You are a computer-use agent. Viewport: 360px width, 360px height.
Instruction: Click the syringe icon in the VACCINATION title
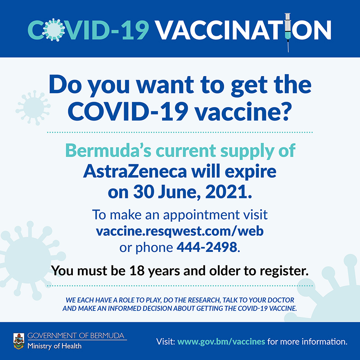[x=288, y=32]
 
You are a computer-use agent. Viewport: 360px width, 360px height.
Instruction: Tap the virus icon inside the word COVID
[x=53, y=30]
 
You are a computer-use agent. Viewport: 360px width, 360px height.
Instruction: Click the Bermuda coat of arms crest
[x=19, y=341]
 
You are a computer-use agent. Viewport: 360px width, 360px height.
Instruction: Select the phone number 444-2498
[x=207, y=247]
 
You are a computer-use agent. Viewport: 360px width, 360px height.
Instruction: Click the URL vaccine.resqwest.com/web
[x=180, y=231]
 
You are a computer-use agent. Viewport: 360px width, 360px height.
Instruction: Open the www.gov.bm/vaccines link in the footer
[x=221, y=342]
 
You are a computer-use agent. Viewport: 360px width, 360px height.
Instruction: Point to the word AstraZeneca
[x=135, y=171]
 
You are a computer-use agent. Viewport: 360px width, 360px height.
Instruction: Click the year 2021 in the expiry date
[x=227, y=192]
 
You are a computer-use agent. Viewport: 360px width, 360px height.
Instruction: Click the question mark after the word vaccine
[x=286, y=112]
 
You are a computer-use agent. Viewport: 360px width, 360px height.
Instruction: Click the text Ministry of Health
[x=54, y=346]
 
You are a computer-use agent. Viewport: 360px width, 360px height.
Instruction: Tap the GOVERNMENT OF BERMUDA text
[x=76, y=336]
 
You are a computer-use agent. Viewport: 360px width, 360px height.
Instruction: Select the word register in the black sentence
[x=284, y=271]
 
